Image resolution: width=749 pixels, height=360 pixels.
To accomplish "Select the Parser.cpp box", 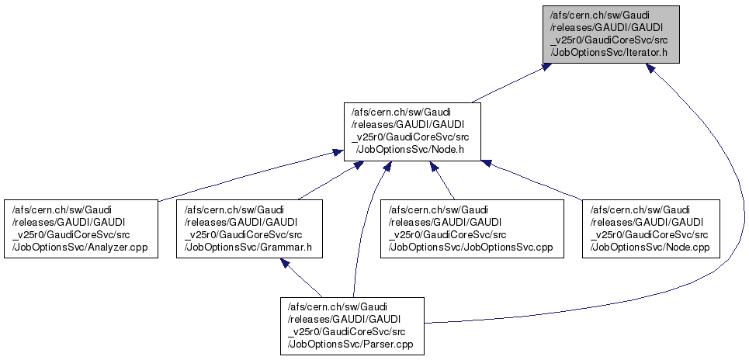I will pos(352,325).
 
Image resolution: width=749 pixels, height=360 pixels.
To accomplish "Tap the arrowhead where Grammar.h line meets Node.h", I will pos(356,165).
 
